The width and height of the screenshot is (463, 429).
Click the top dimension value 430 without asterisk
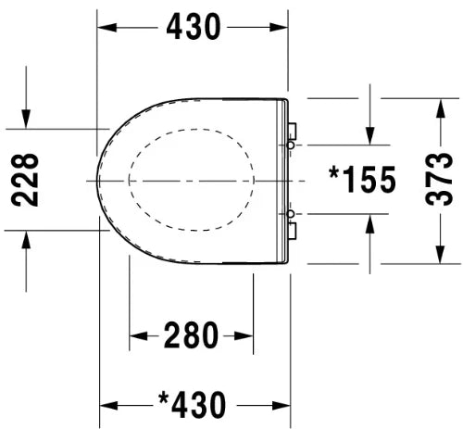coord(194,27)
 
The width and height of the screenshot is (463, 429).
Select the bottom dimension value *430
coord(192,404)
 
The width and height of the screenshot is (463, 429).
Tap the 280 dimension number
coord(191,335)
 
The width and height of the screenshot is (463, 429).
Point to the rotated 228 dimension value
coord(25,180)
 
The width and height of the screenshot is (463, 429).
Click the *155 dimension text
coord(362,179)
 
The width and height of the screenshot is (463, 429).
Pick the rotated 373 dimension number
coord(439,179)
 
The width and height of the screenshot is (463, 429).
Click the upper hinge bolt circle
coord(291,145)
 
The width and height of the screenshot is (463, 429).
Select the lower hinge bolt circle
coord(291,214)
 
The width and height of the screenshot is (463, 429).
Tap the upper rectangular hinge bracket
coord(292,131)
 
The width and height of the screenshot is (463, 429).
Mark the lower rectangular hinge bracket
coord(292,231)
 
